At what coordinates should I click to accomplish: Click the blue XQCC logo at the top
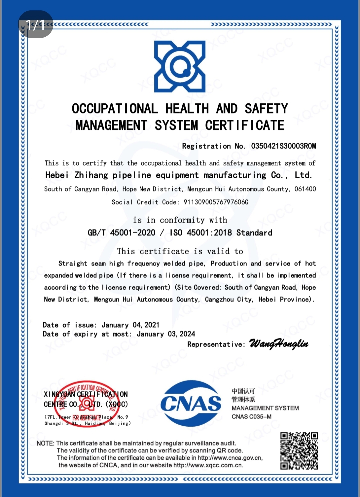tap(180, 67)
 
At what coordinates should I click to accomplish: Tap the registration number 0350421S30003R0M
tap(283, 146)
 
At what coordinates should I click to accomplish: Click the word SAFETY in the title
tap(266, 109)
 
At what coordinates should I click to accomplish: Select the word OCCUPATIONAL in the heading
tap(115, 109)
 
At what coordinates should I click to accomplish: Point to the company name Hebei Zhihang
tap(77, 175)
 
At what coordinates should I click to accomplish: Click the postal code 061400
tap(305, 189)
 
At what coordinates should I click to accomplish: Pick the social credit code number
tap(216, 202)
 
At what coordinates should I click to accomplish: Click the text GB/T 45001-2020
tap(121, 232)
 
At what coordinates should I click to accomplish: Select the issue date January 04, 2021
tap(130, 325)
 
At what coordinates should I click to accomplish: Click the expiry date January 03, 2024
tap(166, 334)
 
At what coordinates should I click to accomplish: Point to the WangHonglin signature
tap(279, 344)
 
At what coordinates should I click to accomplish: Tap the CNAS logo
tap(191, 404)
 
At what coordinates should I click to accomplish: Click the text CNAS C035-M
tap(251, 417)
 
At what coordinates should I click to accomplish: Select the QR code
tap(299, 451)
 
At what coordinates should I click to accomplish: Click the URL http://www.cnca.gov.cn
tap(230, 458)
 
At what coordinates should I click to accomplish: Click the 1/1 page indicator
tap(35, 24)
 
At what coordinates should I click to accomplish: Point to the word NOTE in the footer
tap(45, 443)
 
